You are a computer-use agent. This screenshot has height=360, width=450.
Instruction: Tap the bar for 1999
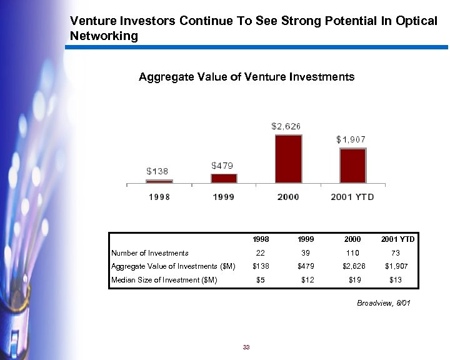pyautogui.click(x=223, y=178)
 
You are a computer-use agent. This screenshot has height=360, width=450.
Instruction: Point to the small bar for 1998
pyautogui.click(x=159, y=181)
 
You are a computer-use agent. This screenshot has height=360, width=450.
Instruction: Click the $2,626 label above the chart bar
pyautogui.click(x=287, y=126)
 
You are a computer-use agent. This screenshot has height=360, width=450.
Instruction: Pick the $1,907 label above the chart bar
pyautogui.click(x=351, y=139)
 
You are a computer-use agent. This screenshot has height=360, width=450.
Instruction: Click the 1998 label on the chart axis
pyautogui.click(x=159, y=196)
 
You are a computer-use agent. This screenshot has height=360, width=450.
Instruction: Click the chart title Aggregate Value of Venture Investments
pyautogui.click(x=246, y=77)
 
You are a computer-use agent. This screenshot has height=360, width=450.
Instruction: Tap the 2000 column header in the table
pyautogui.click(x=351, y=239)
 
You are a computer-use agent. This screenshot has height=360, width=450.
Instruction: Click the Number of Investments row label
pyautogui.click(x=150, y=253)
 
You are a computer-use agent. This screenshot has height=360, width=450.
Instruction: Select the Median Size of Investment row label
pyautogui.click(x=164, y=280)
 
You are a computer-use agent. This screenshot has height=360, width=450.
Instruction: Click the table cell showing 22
pyautogui.click(x=261, y=253)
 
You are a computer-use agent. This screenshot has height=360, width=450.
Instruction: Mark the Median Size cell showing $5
pyautogui.click(x=261, y=280)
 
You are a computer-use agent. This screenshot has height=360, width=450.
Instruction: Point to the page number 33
pyautogui.click(x=246, y=347)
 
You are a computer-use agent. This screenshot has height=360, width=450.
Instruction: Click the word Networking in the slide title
pyautogui.click(x=104, y=36)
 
